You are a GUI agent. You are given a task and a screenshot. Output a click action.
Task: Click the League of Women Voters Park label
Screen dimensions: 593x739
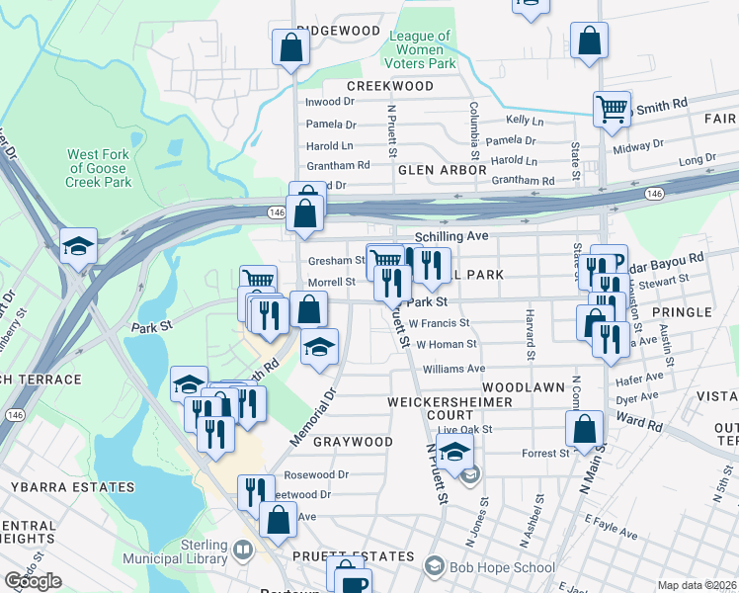(x=422, y=49)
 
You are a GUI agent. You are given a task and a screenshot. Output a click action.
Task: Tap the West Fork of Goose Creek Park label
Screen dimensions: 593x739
(x=99, y=168)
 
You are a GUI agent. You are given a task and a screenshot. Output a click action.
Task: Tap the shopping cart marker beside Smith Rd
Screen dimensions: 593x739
(x=612, y=108)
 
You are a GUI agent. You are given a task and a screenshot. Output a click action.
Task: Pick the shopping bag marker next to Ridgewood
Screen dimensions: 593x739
(x=289, y=46)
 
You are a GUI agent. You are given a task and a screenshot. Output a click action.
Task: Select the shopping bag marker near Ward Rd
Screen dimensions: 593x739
(x=584, y=429)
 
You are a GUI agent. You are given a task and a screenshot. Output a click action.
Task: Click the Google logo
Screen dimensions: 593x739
(x=34, y=581)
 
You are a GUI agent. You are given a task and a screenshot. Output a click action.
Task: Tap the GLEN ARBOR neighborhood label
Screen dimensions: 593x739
(x=442, y=170)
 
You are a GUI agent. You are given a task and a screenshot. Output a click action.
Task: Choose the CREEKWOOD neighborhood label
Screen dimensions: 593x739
(x=390, y=87)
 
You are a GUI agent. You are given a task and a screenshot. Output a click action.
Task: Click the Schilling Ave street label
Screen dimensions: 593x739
(x=452, y=237)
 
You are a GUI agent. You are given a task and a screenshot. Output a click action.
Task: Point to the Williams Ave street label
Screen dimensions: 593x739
(x=453, y=368)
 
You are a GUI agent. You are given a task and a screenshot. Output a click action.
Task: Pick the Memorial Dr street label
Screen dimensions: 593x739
(x=314, y=414)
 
